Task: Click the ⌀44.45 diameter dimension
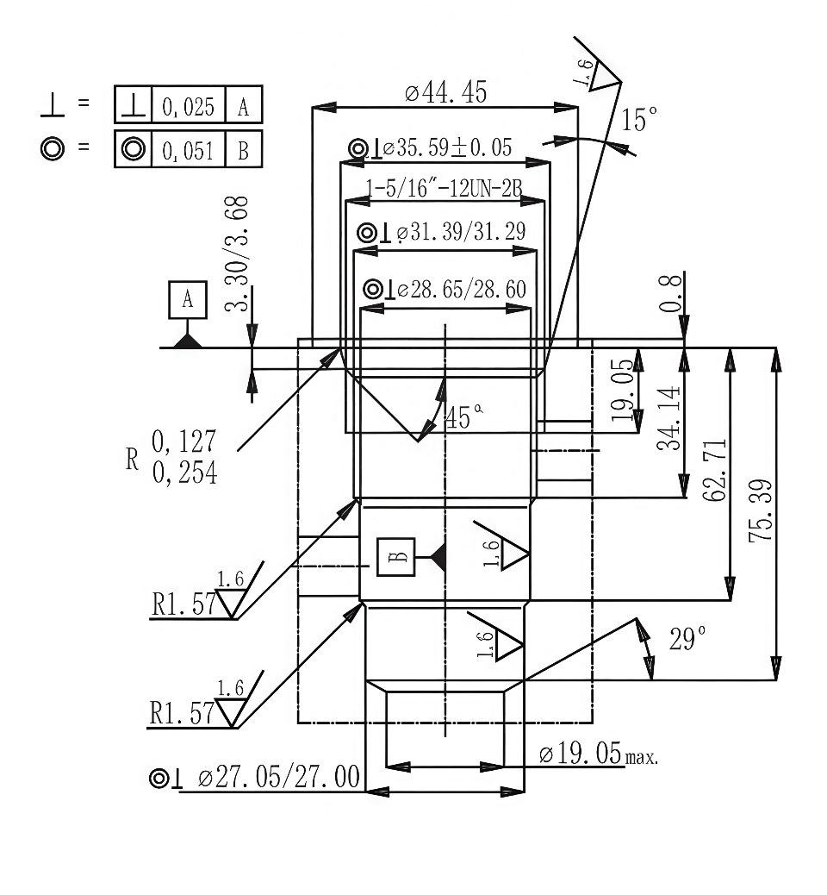tap(445, 93)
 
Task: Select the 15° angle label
tap(639, 120)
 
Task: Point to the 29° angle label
tap(687, 639)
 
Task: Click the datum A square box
tap(189, 300)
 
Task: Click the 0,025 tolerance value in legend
tap(189, 107)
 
